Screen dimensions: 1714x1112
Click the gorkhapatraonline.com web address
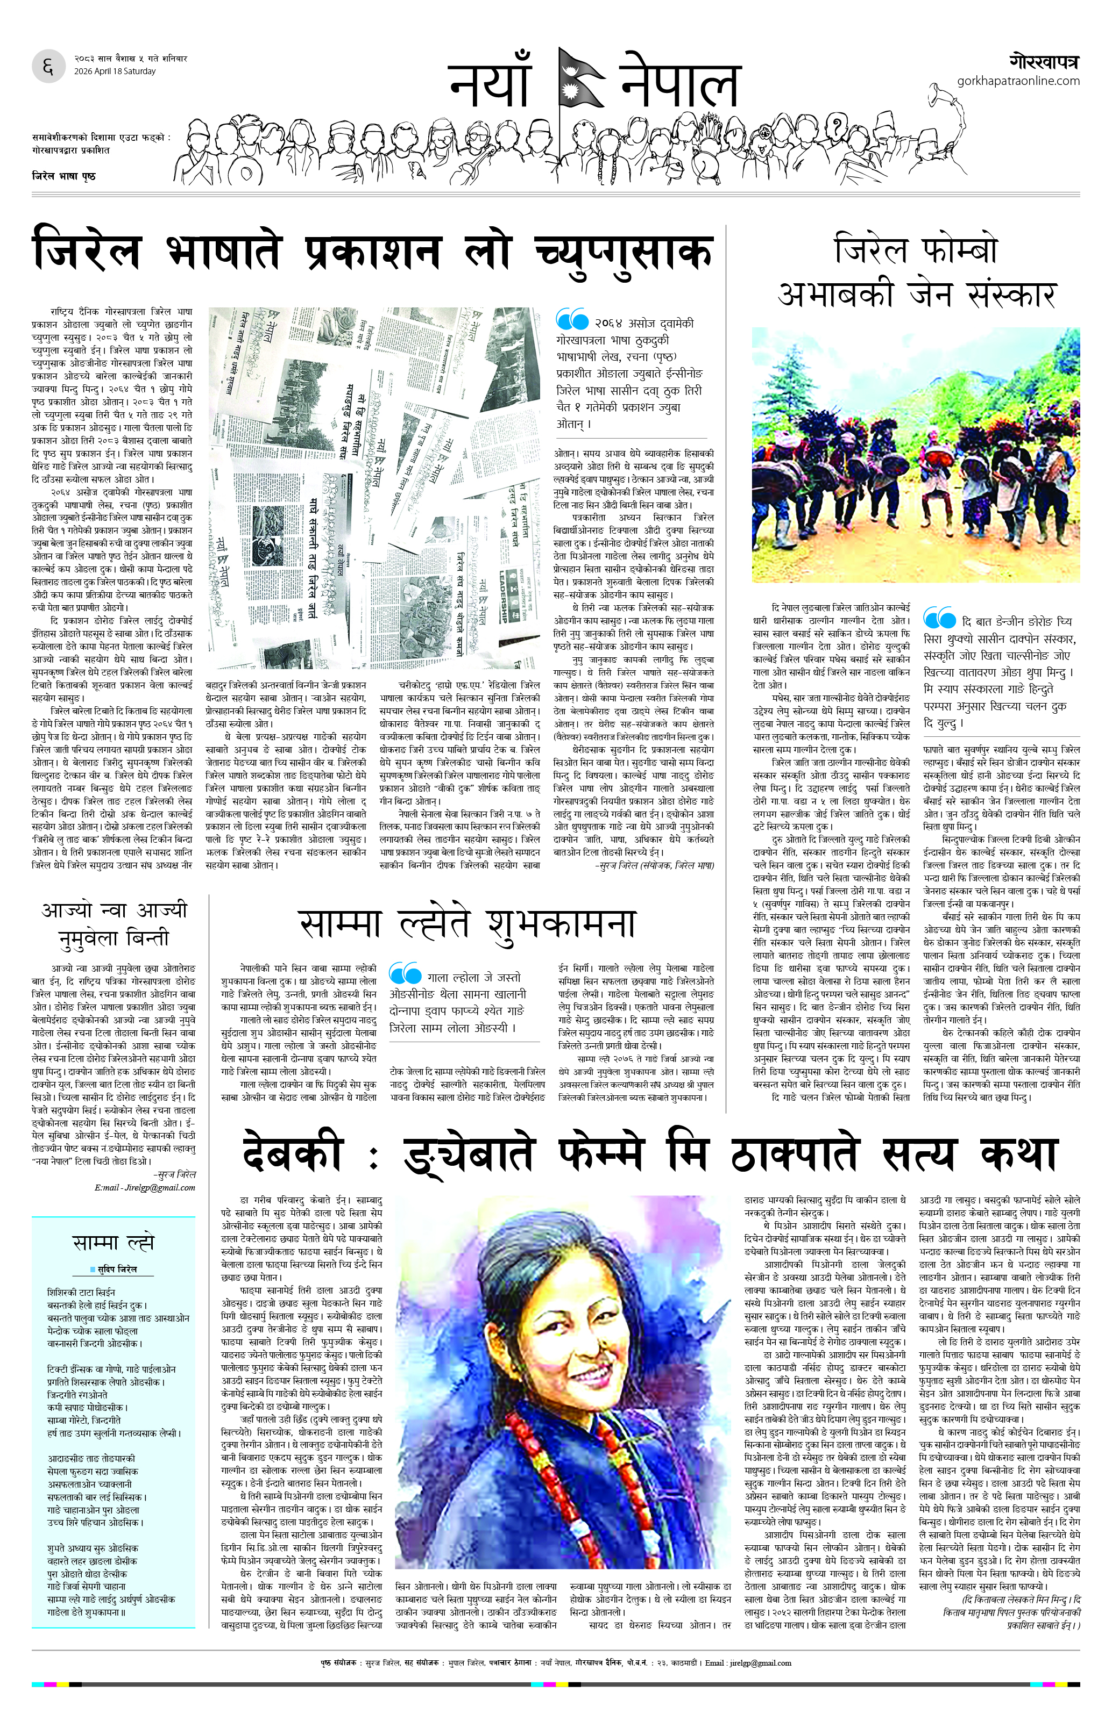(x=1018, y=81)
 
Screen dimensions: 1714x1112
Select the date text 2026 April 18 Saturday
(x=115, y=71)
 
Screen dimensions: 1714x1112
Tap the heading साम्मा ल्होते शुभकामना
(x=466, y=924)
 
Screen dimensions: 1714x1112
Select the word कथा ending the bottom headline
(x=1018, y=1154)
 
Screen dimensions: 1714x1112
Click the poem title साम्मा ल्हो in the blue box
(x=113, y=1242)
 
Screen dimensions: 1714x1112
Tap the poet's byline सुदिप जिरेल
(x=115, y=1269)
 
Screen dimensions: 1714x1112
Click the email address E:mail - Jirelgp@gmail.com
(x=144, y=1188)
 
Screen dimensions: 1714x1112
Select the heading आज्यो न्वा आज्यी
(x=114, y=909)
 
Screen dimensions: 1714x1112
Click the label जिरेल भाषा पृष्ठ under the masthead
(x=63, y=176)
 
